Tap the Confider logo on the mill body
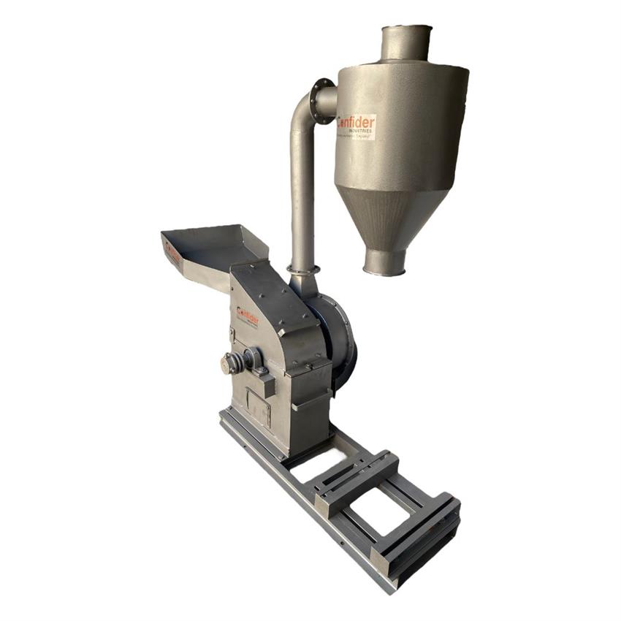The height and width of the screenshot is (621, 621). (x=247, y=316)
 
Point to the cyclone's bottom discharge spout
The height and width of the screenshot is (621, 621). (x=385, y=262)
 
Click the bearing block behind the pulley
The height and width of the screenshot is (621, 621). (x=253, y=358)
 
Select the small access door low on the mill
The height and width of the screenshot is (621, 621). (x=257, y=406)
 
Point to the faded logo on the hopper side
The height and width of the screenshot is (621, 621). (x=172, y=253)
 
